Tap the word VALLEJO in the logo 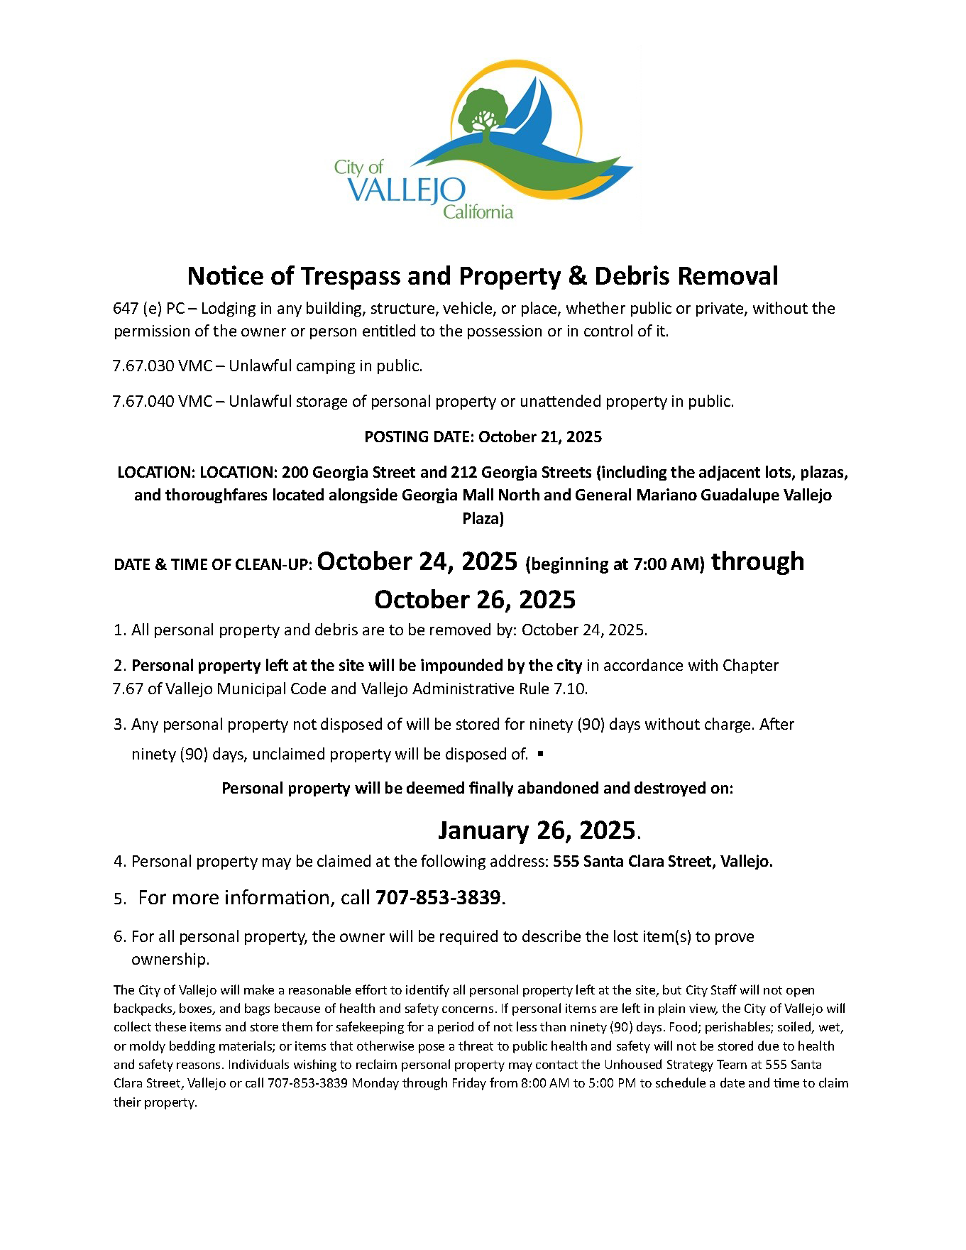[407, 191]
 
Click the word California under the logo [478, 212]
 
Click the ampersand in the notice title [577, 275]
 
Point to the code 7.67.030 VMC [162, 366]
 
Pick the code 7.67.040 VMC [162, 402]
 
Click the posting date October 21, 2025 [539, 437]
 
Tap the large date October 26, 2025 [475, 600]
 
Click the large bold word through [757, 561]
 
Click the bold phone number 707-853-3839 [438, 898]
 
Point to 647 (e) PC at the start [148, 309]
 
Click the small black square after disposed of [541, 754]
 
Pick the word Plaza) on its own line [483, 519]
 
